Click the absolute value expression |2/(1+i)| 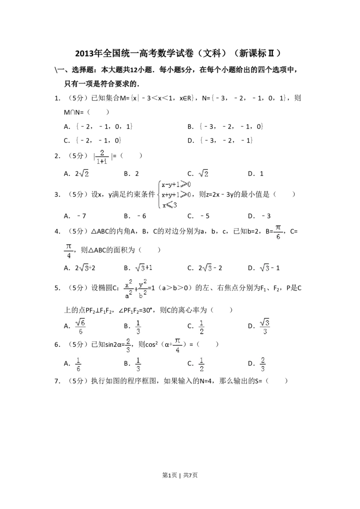[x=103, y=156]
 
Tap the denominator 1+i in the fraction [x=102, y=161]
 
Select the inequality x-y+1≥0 [x=176, y=184]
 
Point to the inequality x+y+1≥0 [x=176, y=195]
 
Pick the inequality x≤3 [x=170, y=205]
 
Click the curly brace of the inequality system [x=158, y=194]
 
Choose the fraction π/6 [x=278, y=232]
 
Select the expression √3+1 [x=144, y=268]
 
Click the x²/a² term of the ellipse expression [x=128, y=290]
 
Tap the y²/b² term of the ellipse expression [x=143, y=290]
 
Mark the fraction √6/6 [x=80, y=327]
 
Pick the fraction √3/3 [x=266, y=327]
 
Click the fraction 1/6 [x=78, y=365]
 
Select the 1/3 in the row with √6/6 [x=139, y=327]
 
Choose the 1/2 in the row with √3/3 [x=202, y=327]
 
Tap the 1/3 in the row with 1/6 [x=139, y=365]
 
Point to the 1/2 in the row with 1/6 [x=202, y=365]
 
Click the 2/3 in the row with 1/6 [x=263, y=365]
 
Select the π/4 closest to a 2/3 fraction [x=177, y=345]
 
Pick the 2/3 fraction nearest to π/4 [x=128, y=345]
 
